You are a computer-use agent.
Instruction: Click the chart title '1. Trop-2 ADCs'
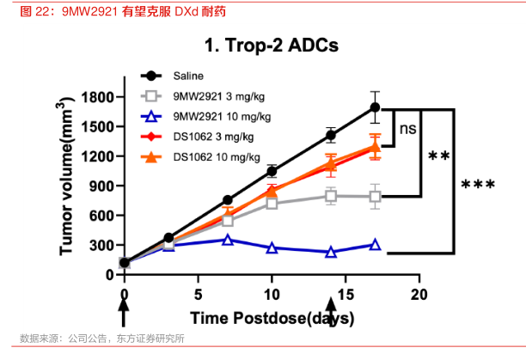pos(271,45)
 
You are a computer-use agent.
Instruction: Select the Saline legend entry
pos(192,76)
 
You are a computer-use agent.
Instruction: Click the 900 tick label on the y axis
pos(102,186)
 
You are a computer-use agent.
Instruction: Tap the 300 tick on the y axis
pos(102,245)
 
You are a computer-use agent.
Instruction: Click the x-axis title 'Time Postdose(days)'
pos(272,319)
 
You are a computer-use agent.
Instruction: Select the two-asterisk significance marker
pos(439,157)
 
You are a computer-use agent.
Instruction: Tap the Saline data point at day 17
pos(375,107)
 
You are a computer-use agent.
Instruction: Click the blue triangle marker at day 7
pos(228,240)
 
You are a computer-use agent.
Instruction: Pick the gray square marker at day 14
pos(331,196)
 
